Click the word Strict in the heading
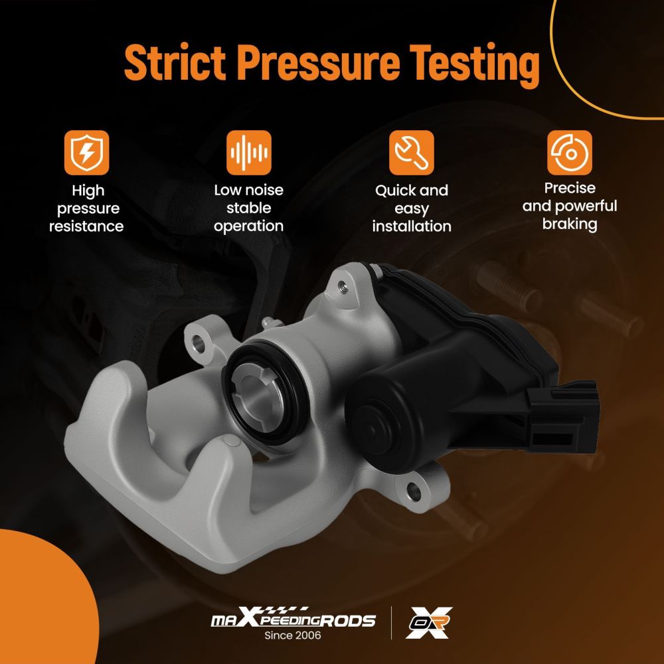[x=175, y=62]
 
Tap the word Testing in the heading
[x=475, y=65]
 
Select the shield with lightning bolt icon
[x=87, y=153]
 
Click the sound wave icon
[x=249, y=153]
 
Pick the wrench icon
[x=412, y=153]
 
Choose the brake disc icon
[x=570, y=153]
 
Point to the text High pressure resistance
[x=87, y=208]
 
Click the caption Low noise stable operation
[x=249, y=208]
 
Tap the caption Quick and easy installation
[x=412, y=208]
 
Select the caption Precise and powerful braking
[x=570, y=207]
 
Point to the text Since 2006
[x=293, y=635]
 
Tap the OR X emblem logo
[x=429, y=623]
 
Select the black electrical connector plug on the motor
[x=562, y=415]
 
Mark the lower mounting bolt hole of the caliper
[x=414, y=492]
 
